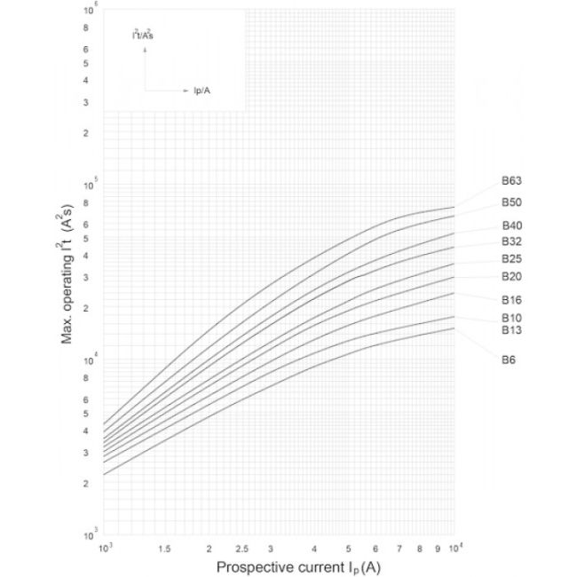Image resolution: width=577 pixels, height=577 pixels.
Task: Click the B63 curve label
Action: pyautogui.click(x=510, y=181)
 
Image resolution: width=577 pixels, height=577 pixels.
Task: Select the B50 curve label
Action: pyautogui.click(x=510, y=203)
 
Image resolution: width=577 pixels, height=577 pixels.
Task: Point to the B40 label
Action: pyautogui.click(x=510, y=226)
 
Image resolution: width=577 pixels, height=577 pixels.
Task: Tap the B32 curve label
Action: pyautogui.click(x=510, y=241)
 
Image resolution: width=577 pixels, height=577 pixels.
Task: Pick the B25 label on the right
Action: pyautogui.click(x=510, y=259)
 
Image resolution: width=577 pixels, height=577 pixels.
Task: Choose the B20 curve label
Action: pyautogui.click(x=510, y=277)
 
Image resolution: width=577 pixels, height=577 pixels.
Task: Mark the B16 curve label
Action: pyautogui.click(x=510, y=300)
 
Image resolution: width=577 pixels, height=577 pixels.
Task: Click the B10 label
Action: pyautogui.click(x=510, y=318)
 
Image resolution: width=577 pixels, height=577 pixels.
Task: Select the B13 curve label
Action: pyautogui.click(x=510, y=331)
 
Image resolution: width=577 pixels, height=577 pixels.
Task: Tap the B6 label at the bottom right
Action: pyautogui.click(x=508, y=360)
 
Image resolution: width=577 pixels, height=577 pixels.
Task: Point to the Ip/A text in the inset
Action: pyautogui.click(x=202, y=91)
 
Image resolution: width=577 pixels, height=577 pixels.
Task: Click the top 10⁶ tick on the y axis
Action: pyautogui.click(x=91, y=12)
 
